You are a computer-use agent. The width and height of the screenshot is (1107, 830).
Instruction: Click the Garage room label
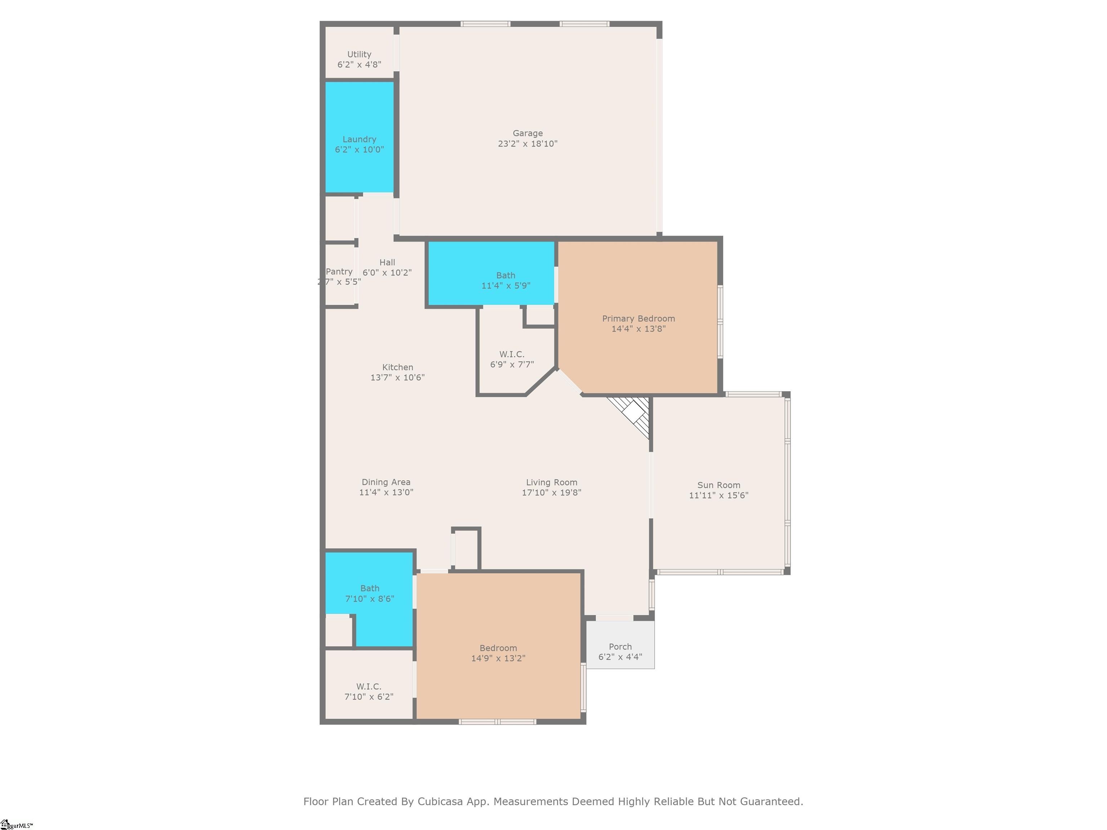pos(528,133)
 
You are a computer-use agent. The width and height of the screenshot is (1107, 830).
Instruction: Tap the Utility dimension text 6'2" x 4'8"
pos(359,64)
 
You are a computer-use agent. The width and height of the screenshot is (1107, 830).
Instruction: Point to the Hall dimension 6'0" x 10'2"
pos(387,273)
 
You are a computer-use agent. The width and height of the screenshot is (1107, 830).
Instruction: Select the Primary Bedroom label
pos(638,319)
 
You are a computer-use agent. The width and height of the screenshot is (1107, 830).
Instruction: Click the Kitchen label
pos(397,367)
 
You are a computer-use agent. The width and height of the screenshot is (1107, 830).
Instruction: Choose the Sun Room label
pos(718,485)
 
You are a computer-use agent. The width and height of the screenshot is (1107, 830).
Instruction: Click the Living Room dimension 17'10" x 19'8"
pos(551,492)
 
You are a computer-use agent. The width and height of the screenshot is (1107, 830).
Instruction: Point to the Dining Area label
pos(386,482)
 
